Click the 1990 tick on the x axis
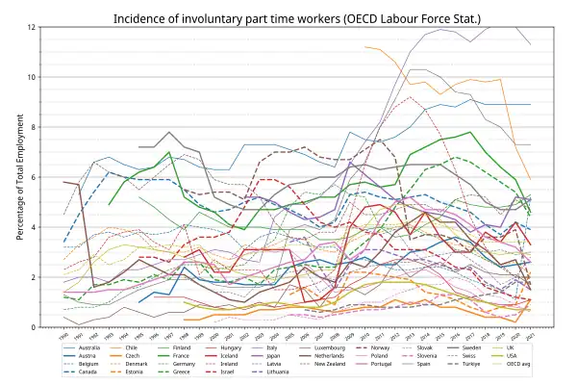click(x=64, y=334)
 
